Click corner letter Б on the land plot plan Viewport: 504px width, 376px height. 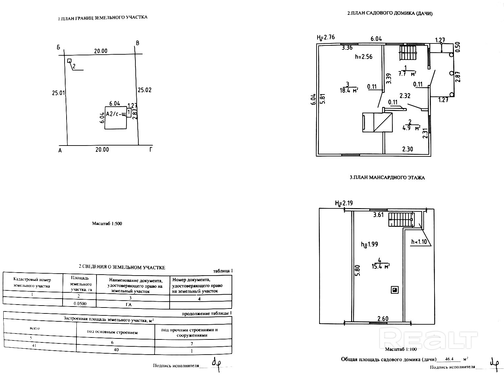58,47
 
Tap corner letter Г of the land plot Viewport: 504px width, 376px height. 151,150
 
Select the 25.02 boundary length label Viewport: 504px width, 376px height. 145,90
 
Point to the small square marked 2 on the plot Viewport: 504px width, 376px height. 69,61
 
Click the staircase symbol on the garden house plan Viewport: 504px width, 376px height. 408,53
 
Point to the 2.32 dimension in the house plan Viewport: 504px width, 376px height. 405,96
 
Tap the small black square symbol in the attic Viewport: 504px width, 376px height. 394,290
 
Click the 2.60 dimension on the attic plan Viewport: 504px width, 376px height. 383,318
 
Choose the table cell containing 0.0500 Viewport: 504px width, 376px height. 80,304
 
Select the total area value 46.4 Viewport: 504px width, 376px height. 449,359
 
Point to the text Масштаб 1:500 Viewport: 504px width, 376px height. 107,224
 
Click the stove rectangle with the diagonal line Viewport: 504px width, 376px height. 377,122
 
